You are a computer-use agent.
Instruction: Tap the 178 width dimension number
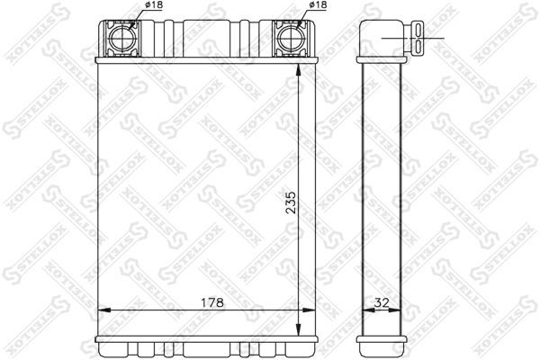click(x=209, y=303)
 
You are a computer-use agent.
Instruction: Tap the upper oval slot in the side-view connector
click(x=420, y=31)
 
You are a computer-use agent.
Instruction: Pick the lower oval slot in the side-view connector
click(x=420, y=47)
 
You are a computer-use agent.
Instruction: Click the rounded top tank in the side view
click(x=382, y=36)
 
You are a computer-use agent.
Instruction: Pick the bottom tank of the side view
click(x=382, y=346)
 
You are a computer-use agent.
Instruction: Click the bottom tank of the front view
click(x=205, y=346)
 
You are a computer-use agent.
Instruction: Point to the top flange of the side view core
click(x=382, y=60)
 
